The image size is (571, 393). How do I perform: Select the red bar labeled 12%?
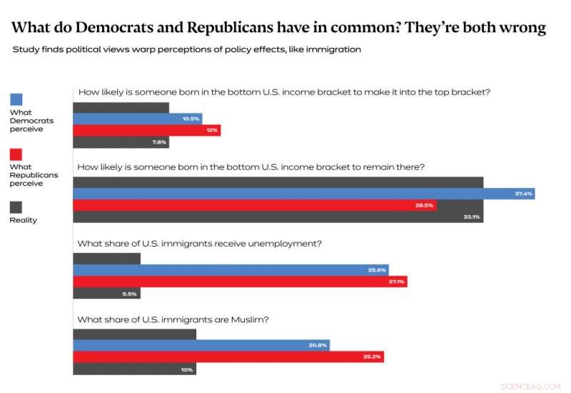pos(147,130)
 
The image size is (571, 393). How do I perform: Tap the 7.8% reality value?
pos(159,142)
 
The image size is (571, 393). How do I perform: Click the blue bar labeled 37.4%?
pos(303,194)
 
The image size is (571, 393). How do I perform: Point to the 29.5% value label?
pos(425,206)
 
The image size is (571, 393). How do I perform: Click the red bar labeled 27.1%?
pos(240,282)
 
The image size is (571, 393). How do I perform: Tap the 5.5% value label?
pos(129,294)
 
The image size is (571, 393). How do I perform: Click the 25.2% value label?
pos(372,357)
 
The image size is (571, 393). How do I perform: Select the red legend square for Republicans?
pos(16,154)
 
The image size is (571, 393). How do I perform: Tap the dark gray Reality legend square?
pos(16,207)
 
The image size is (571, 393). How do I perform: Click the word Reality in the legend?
pos(23,220)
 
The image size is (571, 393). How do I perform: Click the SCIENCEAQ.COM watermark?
pos(531,387)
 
